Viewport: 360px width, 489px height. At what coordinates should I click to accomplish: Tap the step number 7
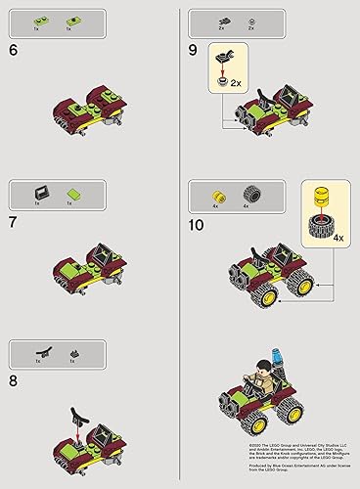(13, 222)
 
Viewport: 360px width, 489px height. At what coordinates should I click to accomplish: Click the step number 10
(199, 223)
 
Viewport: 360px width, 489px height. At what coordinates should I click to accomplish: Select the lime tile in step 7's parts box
(71, 191)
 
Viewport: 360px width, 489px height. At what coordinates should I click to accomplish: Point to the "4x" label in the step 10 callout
(337, 238)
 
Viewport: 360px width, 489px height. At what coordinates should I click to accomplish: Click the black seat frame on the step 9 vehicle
(292, 94)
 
